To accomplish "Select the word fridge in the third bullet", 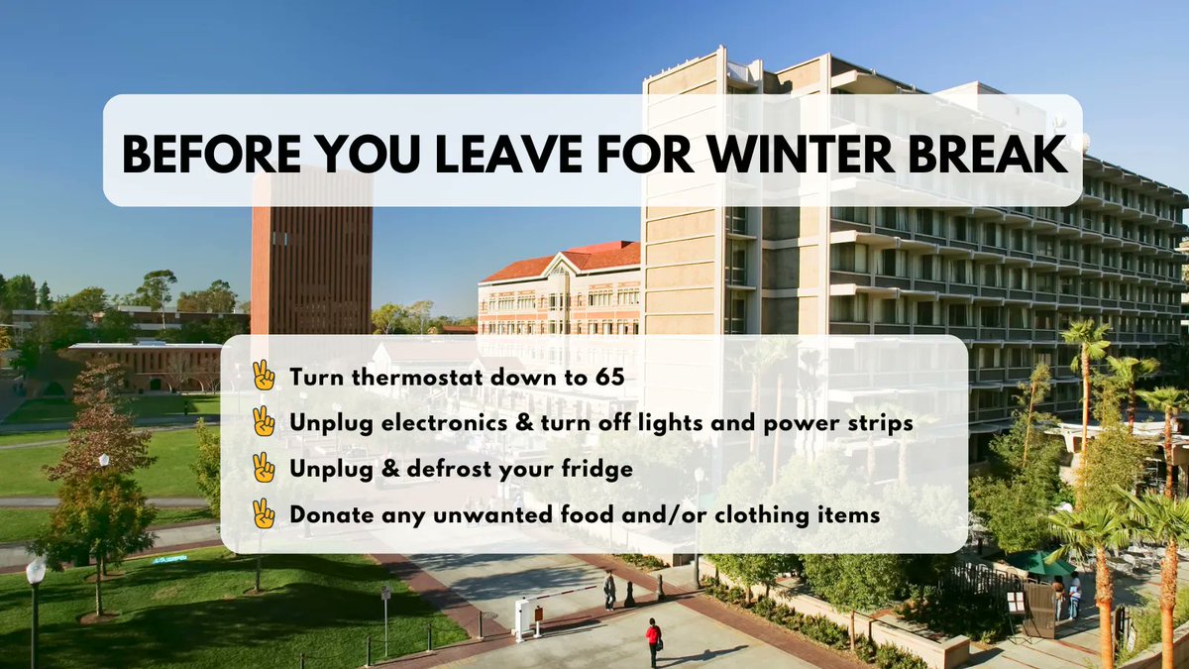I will pos(597,469).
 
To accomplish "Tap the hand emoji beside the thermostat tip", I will pos(264,376).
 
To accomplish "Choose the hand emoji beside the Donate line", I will pos(264,513).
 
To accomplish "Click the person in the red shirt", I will pos(653,640).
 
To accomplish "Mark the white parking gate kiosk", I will pos(521,617).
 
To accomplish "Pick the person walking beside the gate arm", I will pos(609,589).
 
